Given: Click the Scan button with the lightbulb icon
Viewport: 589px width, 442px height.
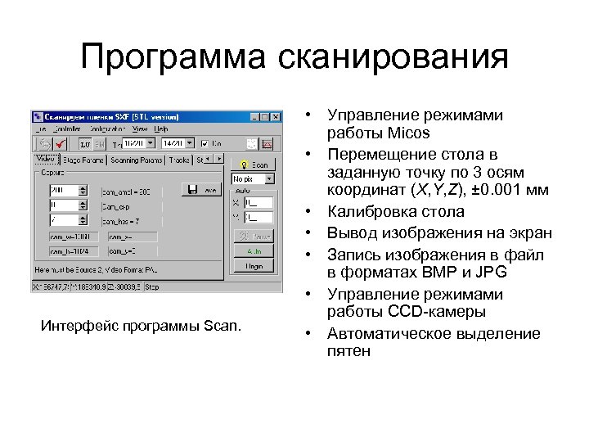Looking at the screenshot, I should (254, 165).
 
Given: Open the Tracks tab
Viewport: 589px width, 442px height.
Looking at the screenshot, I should (178, 160).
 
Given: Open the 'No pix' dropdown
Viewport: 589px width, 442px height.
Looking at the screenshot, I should (253, 178).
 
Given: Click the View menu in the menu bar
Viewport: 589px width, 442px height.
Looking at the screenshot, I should (140, 129).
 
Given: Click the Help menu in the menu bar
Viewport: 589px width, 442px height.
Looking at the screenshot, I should (161, 129).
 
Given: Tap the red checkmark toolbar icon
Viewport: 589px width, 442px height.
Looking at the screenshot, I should (60, 143).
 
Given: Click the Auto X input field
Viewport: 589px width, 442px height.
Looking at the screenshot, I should (259, 201).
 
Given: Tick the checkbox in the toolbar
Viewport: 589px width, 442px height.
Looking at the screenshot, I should (206, 143).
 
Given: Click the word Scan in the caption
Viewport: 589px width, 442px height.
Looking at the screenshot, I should (222, 328).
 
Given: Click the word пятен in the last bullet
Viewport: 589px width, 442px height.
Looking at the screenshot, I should (348, 352).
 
